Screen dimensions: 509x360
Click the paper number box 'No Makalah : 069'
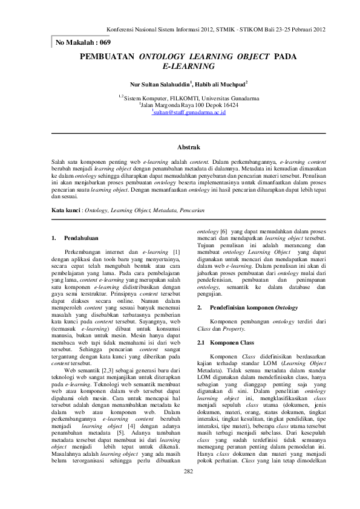(x=83, y=42)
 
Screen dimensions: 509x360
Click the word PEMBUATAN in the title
(x=107, y=56)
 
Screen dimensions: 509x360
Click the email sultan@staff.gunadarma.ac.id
(x=189, y=113)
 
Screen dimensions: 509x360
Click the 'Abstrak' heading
(x=188, y=147)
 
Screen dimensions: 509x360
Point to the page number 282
(x=188, y=488)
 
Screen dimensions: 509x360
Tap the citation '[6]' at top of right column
(x=223, y=232)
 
